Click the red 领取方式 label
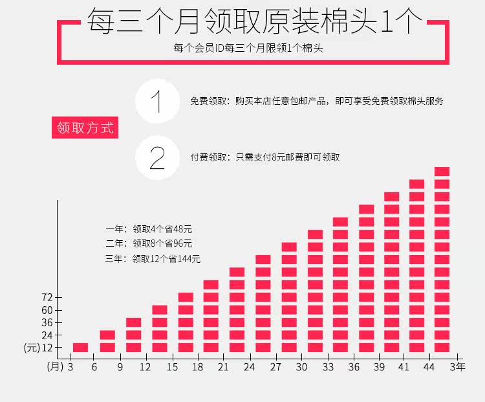tap(85, 128)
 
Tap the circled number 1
tap(157, 102)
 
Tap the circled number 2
tap(157, 158)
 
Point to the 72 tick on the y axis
tap(47, 297)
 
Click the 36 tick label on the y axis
tap(47, 322)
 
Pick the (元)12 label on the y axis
tap(38, 348)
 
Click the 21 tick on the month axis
tap(223, 367)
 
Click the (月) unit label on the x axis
tap(55, 367)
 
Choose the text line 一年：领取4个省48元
tap(149, 229)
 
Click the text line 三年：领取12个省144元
tap(153, 259)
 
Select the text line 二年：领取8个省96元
tap(149, 243)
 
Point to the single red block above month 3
tap(80, 348)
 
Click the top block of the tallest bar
tap(442, 172)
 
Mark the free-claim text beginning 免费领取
tap(317, 102)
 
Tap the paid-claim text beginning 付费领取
tap(264, 157)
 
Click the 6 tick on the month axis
tap(94, 367)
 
